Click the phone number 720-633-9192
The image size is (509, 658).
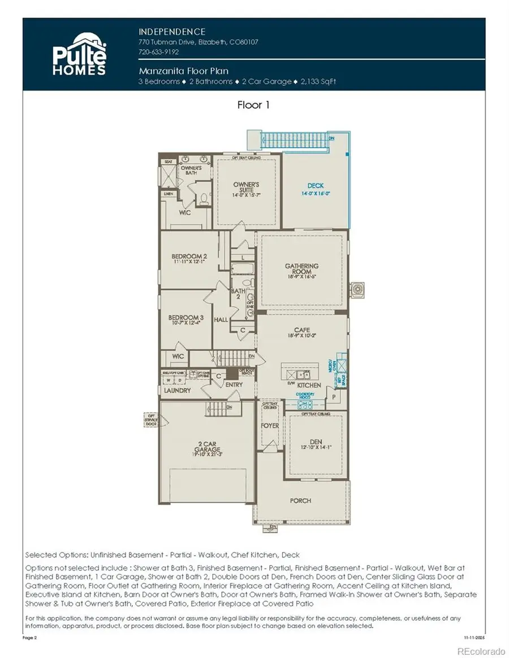pyautogui.click(x=159, y=51)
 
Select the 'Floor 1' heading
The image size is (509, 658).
pyautogui.click(x=254, y=105)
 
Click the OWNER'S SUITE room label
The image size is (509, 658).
pyautogui.click(x=246, y=188)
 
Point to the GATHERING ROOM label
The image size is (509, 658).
pyautogui.click(x=301, y=269)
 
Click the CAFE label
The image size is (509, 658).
pyautogui.click(x=301, y=330)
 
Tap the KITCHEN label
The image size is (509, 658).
pyautogui.click(x=309, y=385)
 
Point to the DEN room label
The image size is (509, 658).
pyautogui.click(x=316, y=443)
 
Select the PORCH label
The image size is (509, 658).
pyautogui.click(x=300, y=500)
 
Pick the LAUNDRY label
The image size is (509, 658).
pyautogui.click(x=177, y=390)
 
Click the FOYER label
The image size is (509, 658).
pyautogui.click(x=270, y=425)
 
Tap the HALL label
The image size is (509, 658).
pyautogui.click(x=221, y=320)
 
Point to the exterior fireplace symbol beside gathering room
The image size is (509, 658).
pyautogui.click(x=357, y=290)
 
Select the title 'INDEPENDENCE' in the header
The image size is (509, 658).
pyautogui.click(x=172, y=32)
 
